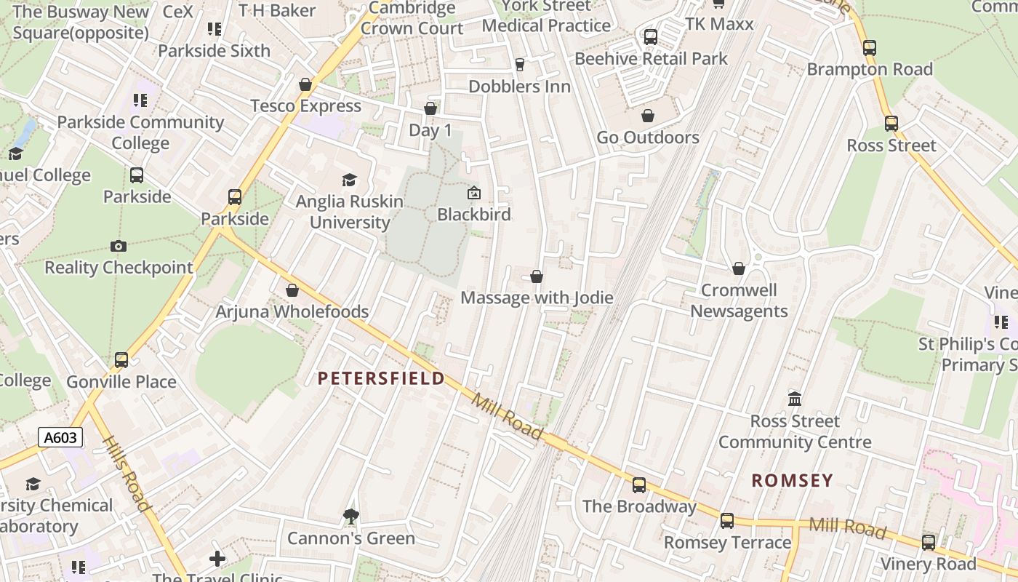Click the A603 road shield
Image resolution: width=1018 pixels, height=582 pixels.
click(60, 438)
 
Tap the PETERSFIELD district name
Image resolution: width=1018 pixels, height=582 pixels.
click(381, 378)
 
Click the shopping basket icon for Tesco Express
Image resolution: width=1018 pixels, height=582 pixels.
click(305, 85)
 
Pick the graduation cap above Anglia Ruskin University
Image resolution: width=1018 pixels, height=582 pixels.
click(350, 180)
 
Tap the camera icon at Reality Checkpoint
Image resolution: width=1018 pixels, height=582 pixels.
click(118, 247)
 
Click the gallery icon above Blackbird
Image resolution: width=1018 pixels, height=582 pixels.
click(473, 193)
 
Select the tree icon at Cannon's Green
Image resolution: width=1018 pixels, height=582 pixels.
click(350, 517)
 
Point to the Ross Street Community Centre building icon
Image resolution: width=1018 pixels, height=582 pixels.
click(795, 399)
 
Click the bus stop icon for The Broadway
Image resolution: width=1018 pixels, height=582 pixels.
click(639, 485)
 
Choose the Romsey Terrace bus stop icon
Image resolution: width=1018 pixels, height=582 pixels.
click(727, 521)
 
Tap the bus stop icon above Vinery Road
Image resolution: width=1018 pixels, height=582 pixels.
click(929, 543)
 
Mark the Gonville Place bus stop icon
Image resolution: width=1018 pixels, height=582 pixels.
click(121, 360)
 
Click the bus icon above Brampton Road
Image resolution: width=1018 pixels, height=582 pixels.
click(870, 48)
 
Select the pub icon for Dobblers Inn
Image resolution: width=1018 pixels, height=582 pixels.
click(519, 65)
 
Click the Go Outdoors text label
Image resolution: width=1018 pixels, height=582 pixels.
click(648, 137)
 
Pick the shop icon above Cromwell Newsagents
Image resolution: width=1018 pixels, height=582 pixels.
click(739, 269)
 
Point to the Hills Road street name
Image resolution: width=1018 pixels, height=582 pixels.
click(127, 473)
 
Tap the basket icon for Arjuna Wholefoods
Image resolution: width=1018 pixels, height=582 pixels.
click(292, 291)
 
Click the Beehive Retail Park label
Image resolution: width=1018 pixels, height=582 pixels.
click(651, 59)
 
